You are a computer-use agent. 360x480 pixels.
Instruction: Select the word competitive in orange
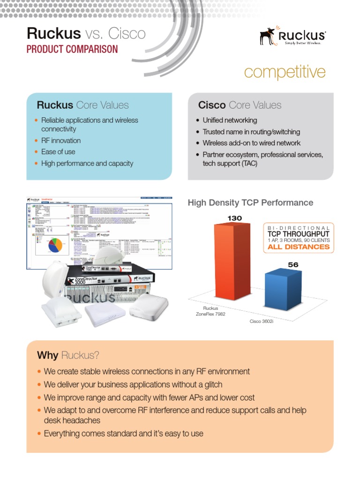tap(285, 72)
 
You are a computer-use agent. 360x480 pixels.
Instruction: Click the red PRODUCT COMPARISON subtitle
tap(72, 49)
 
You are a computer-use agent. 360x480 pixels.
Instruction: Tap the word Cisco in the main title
tap(127, 33)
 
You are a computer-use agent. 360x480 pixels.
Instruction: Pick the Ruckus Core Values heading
tap(82, 105)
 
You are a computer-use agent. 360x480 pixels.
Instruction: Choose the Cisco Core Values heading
tap(240, 105)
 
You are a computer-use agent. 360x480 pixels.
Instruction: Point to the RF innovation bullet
tap(61, 141)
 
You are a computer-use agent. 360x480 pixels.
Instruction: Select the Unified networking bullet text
tap(230, 120)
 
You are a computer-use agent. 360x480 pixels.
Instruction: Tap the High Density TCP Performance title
tap(250, 203)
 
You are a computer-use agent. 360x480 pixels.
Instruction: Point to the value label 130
tap(234, 218)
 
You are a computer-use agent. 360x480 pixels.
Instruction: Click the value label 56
tap(293, 265)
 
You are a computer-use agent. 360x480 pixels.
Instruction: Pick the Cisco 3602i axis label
tap(261, 322)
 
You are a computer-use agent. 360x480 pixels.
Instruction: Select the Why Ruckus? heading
tap(68, 355)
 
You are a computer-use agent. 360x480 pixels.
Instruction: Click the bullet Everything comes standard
tap(123, 434)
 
